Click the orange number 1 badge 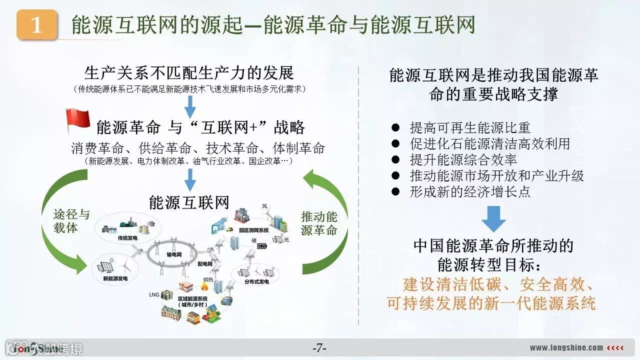[x=37, y=24]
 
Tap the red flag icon [x=77, y=120]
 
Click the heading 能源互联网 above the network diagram [x=189, y=202]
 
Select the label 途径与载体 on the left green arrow [x=71, y=221]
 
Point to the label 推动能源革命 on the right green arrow [x=319, y=223]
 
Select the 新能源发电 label [x=115, y=278]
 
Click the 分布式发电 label [x=256, y=281]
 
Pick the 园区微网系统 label [x=254, y=230]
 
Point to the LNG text [x=153, y=294]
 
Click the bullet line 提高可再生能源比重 [x=469, y=128]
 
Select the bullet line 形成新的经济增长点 [x=469, y=191]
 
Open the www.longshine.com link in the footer [x=566, y=348]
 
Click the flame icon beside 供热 [x=204, y=286]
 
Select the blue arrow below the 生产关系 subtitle [x=190, y=106]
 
